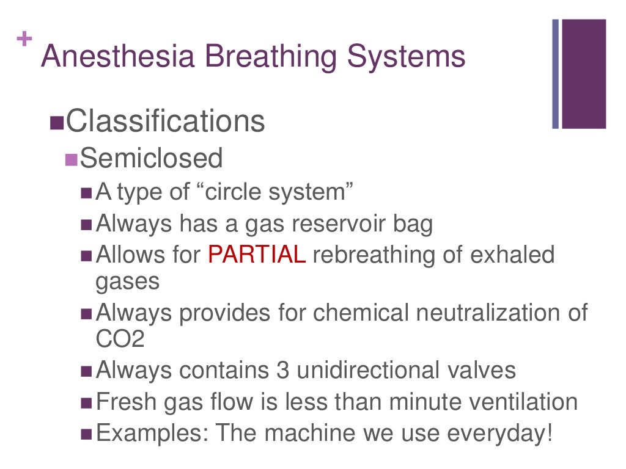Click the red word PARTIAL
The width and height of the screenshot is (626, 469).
257,254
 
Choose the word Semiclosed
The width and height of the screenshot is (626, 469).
152,159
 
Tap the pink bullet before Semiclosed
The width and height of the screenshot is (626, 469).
72,160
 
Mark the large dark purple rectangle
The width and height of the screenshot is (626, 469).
584,74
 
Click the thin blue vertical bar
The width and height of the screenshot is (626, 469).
556,74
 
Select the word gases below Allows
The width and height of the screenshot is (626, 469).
128,282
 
